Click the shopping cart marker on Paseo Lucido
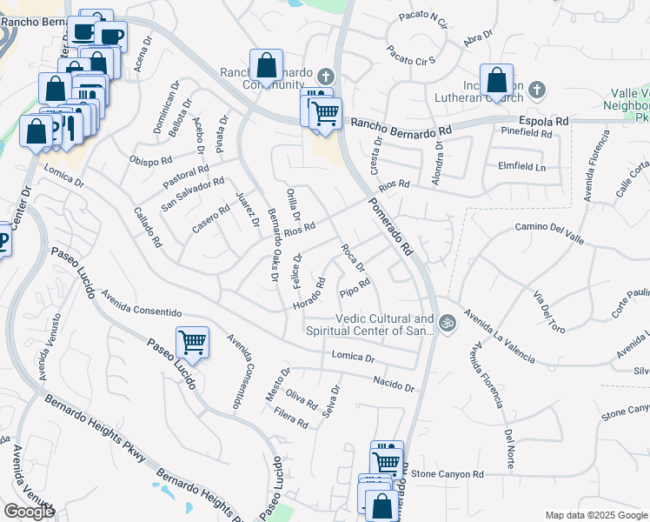point(191,343)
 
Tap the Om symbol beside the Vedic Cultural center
point(447,323)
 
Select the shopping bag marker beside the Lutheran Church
point(496,80)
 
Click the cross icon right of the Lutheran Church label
point(536,89)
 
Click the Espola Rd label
point(543,121)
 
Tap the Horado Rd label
point(309,295)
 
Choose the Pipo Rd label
point(355,287)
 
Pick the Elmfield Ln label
point(521,166)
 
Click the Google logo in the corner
point(29,512)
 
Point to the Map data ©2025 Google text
point(595,515)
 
